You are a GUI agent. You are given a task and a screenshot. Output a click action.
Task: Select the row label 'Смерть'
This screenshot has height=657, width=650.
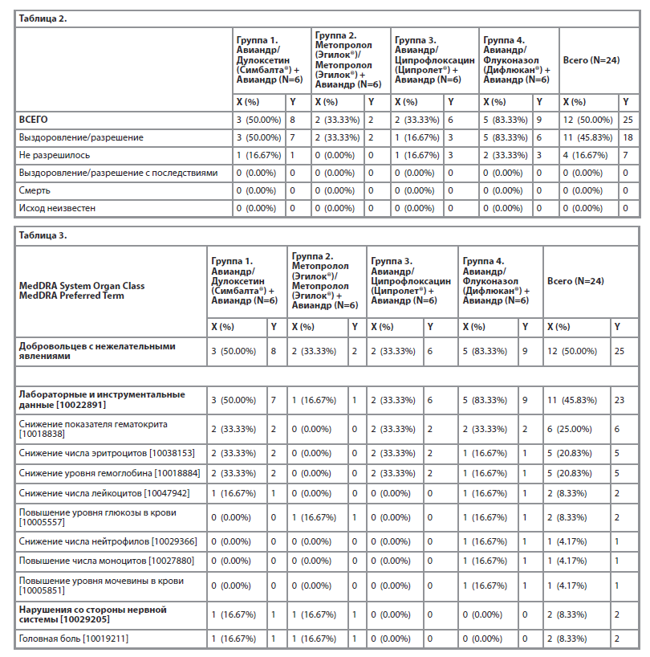(35, 191)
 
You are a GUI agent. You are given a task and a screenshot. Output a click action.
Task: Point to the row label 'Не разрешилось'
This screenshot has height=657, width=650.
(54, 155)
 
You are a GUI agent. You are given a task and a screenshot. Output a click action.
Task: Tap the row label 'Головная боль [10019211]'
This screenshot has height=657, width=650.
(73, 639)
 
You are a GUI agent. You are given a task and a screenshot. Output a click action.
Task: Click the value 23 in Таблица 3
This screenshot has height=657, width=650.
(619, 400)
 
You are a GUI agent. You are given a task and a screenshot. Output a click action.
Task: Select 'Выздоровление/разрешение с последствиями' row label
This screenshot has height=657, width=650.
(118, 173)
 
